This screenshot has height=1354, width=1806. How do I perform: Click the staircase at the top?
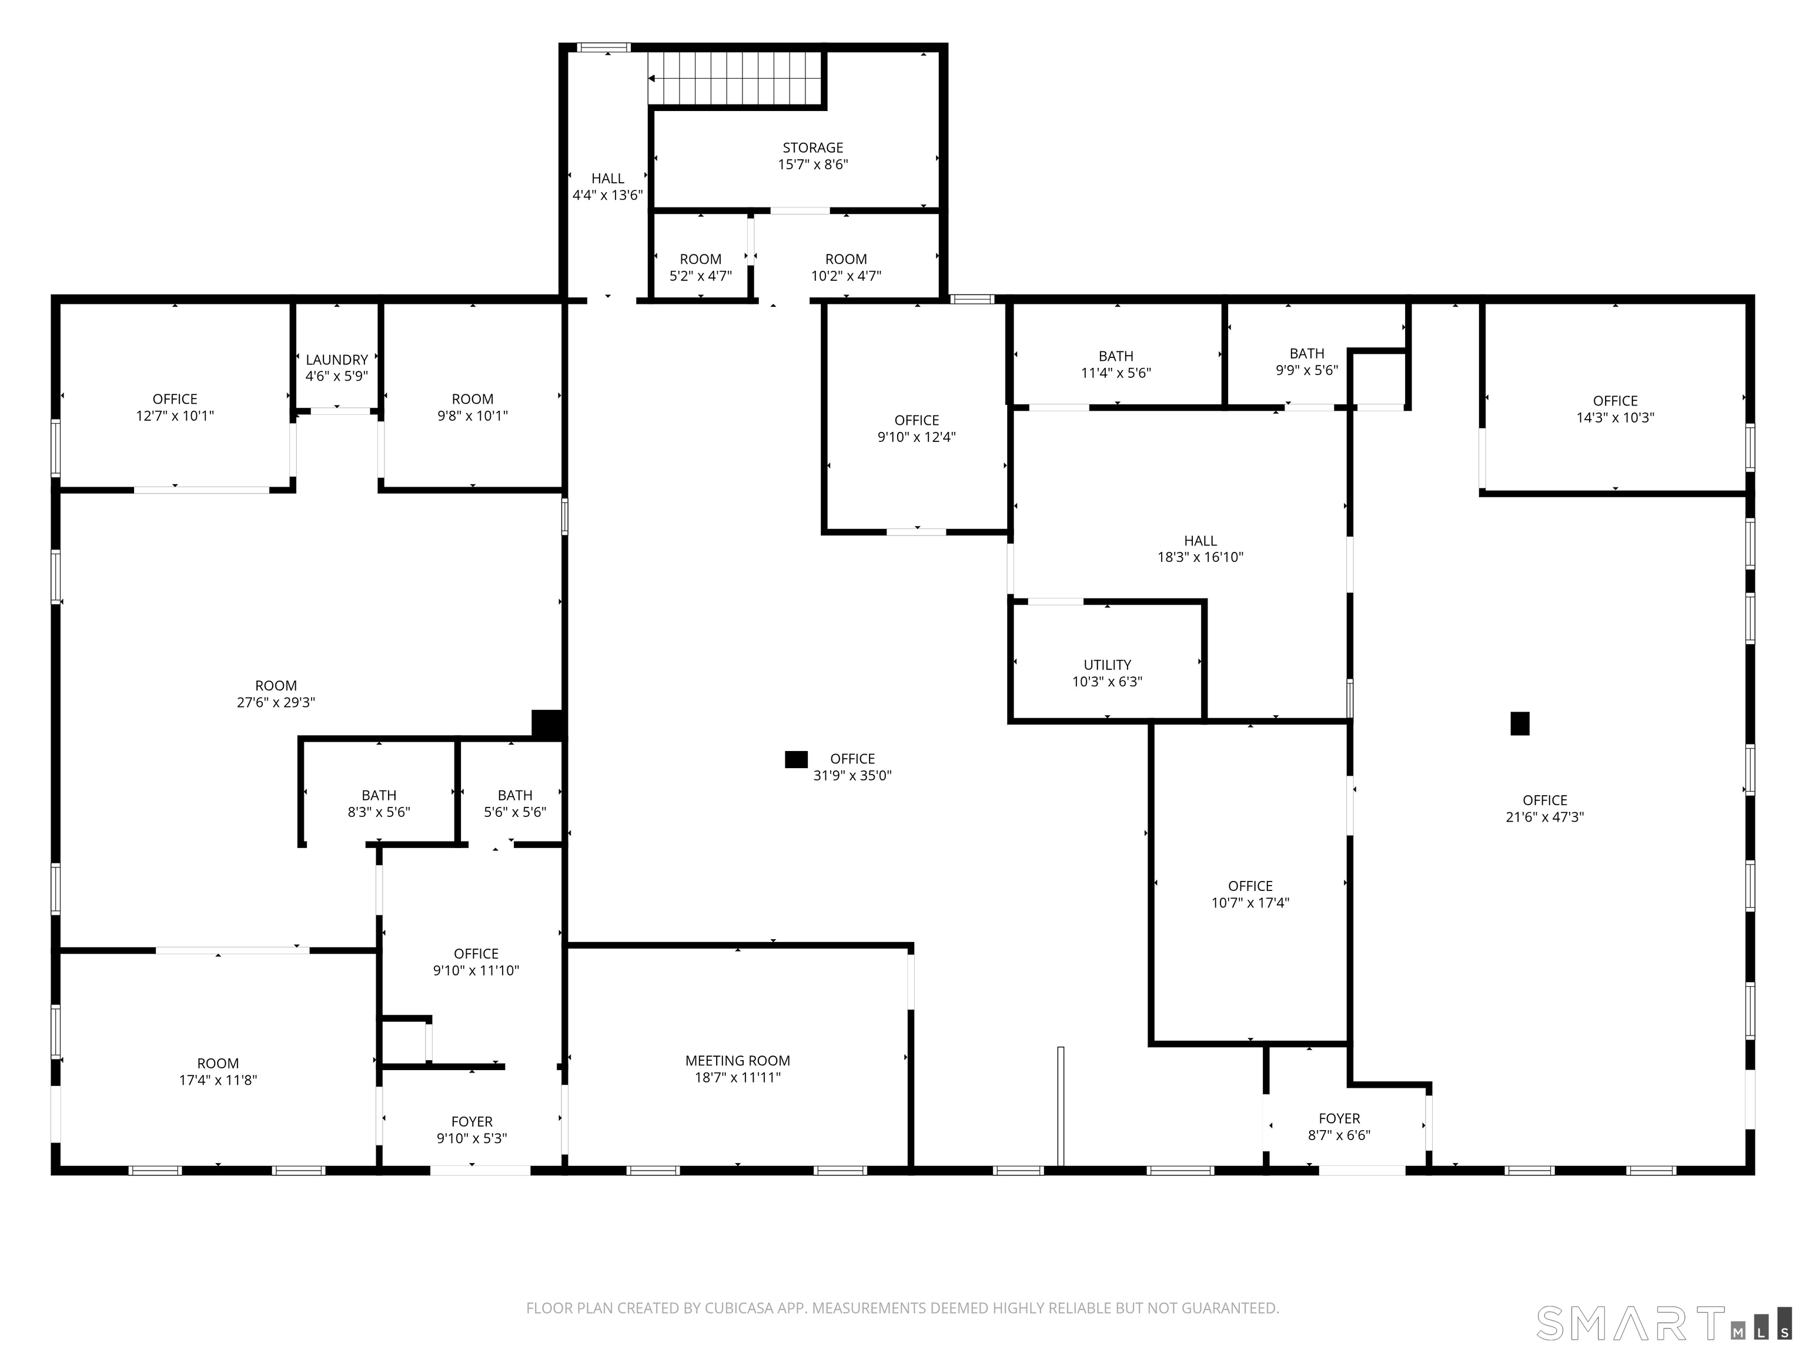tap(735, 78)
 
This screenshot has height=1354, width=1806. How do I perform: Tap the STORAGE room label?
tap(812, 148)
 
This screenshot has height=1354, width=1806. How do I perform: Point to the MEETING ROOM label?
tap(737, 1061)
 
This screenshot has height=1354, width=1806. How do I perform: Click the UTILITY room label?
tap(1107, 665)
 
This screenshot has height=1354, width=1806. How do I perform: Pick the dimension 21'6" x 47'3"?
tap(1545, 817)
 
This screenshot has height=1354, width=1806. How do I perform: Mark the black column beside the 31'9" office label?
tap(796, 760)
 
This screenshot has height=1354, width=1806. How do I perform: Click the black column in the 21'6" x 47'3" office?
tap(1520, 724)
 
